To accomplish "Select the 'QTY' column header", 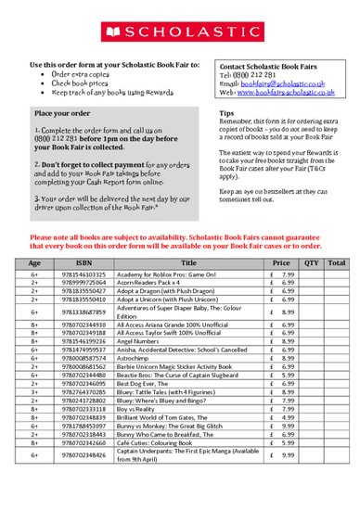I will coord(311,263).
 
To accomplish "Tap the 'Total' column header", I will coord(338,263).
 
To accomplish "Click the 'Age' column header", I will coord(34,263).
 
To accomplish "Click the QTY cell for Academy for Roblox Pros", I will coord(311,275).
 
